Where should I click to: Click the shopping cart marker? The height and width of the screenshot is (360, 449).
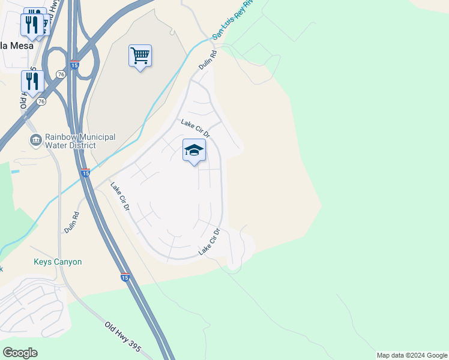[140, 56]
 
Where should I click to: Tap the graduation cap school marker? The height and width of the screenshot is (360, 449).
[194, 150]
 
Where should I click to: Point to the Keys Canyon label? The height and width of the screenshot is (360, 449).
[58, 262]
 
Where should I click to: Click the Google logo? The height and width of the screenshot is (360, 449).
[20, 353]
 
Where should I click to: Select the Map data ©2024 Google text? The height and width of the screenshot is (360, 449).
[412, 355]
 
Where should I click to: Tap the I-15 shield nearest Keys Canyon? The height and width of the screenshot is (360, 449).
[124, 277]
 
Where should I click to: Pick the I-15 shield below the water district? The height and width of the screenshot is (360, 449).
[85, 173]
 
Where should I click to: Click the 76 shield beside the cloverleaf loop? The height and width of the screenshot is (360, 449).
[61, 74]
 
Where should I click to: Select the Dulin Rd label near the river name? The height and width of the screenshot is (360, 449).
[206, 60]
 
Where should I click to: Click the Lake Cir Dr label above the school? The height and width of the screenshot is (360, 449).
[195, 127]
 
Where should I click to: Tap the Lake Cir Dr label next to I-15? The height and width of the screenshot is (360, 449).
[120, 197]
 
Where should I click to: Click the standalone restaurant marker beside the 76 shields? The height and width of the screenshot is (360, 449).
[32, 82]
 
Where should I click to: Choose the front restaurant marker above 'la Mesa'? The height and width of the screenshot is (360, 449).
[32, 25]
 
